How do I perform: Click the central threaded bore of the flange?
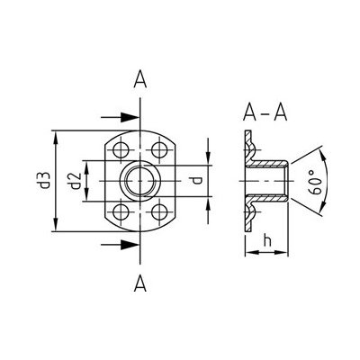click(x=141, y=182)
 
